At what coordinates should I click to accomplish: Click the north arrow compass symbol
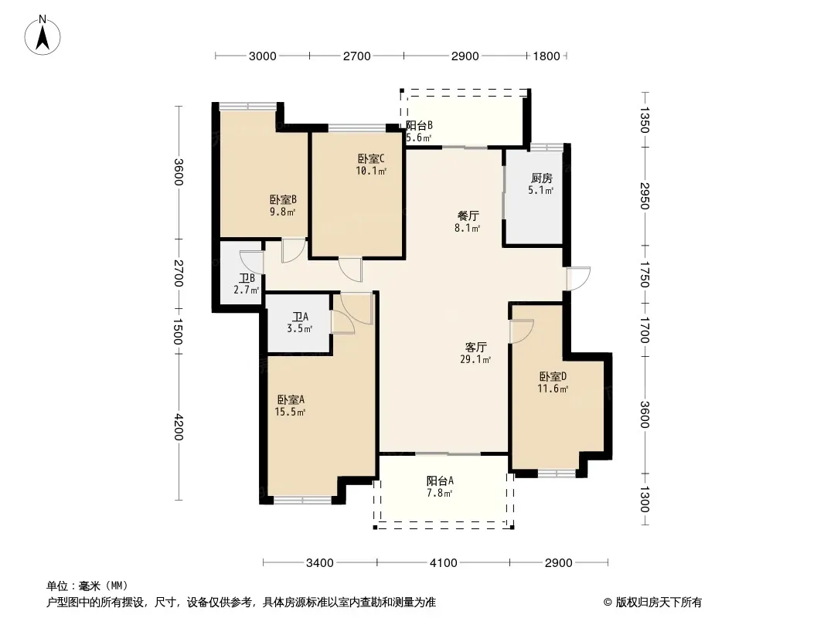[x=43, y=36]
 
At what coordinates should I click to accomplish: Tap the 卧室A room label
[x=291, y=399]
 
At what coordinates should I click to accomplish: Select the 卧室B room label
[x=283, y=199]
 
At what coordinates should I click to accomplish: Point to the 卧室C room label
[x=372, y=158]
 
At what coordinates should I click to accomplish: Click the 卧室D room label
[x=553, y=376]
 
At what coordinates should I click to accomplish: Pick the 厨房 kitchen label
[x=541, y=178]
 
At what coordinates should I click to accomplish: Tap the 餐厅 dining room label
[x=468, y=216]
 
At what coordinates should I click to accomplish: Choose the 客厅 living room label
[x=476, y=347]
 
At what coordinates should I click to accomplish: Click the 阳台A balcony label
[x=440, y=480]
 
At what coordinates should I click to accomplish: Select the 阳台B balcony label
[x=420, y=125]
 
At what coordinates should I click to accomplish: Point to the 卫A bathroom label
[x=301, y=317]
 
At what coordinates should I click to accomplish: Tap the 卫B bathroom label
[x=247, y=278]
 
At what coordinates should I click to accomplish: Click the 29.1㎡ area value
[x=475, y=360]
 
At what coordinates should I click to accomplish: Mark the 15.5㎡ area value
[x=290, y=413]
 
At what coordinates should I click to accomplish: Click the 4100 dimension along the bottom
[x=444, y=563]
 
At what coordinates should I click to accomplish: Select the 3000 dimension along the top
[x=262, y=56]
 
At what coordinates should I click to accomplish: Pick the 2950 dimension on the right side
[x=645, y=196]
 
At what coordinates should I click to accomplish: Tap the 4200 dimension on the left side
[x=179, y=427]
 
